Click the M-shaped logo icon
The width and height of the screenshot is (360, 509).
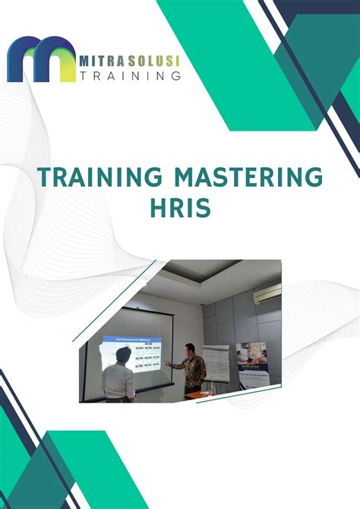click(x=41, y=58)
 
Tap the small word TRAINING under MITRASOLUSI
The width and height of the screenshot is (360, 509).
click(x=130, y=75)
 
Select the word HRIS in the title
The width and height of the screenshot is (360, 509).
click(x=181, y=207)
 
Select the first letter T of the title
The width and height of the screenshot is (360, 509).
click(x=44, y=179)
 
